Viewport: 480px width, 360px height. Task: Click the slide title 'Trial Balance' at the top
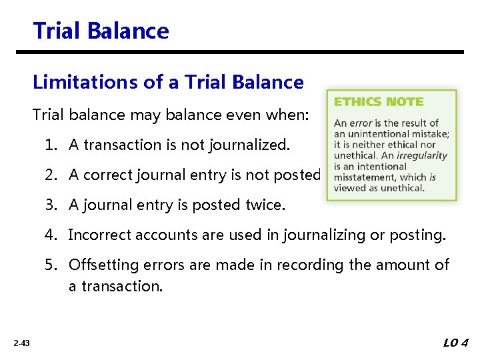(101, 31)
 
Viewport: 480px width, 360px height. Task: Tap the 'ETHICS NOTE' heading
(378, 102)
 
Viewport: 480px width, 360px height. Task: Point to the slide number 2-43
(21, 343)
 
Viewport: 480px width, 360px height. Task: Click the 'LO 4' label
(455, 343)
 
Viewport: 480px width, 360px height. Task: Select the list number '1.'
(52, 145)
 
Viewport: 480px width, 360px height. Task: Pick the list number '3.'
(52, 205)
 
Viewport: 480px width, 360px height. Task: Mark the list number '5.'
(52, 265)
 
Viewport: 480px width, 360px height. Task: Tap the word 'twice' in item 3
(265, 205)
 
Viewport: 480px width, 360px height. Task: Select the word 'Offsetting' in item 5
(103, 265)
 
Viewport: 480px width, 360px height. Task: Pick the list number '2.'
(52, 175)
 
